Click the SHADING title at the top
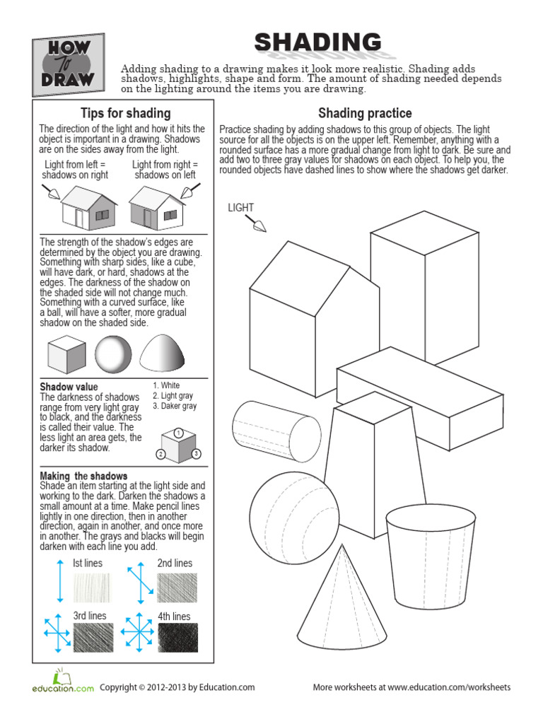coord(317,44)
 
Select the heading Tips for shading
coord(125,113)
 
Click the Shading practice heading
coord(365,113)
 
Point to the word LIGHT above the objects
coord(240,207)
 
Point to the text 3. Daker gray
coord(175,406)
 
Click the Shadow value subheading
coord(69,387)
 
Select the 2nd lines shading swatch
coord(177,587)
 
